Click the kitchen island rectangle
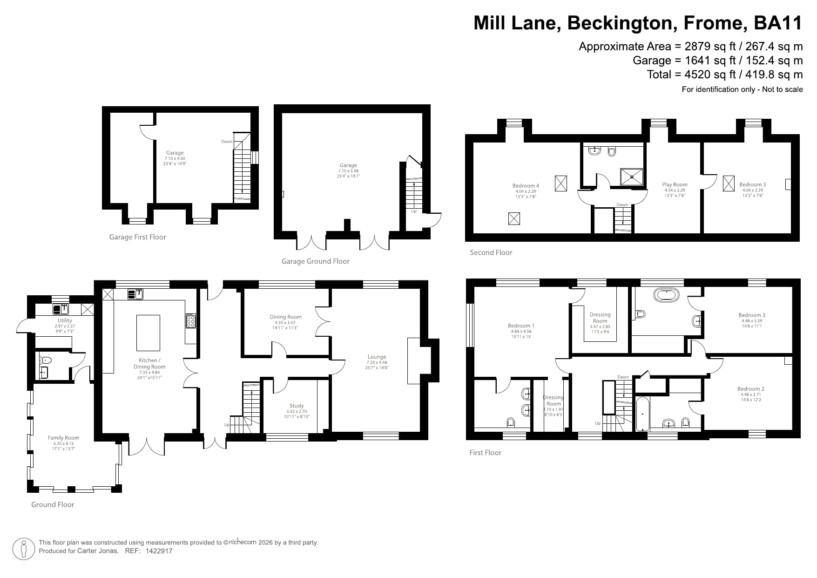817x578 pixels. [x=148, y=333]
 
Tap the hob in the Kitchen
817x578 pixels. [x=190, y=320]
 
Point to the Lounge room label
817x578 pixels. [x=377, y=357]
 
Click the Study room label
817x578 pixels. [x=297, y=406]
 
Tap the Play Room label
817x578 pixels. [x=675, y=184]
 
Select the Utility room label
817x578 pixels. [x=65, y=320]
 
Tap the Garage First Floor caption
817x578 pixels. [x=137, y=237]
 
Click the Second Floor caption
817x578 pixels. [x=491, y=252]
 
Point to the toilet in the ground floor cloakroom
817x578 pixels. [x=46, y=360]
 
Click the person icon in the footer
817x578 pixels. [x=23, y=549]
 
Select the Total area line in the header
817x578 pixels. [x=724, y=75]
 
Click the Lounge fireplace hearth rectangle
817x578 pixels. [x=414, y=361]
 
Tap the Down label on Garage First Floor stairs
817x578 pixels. [x=227, y=142]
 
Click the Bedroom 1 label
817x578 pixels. [x=521, y=326]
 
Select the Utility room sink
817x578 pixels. [x=61, y=309]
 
